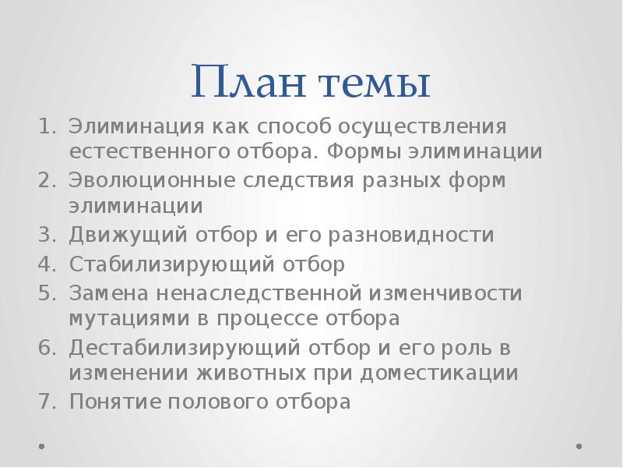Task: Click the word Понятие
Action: (x=112, y=402)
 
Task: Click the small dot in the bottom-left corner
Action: (x=42, y=447)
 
